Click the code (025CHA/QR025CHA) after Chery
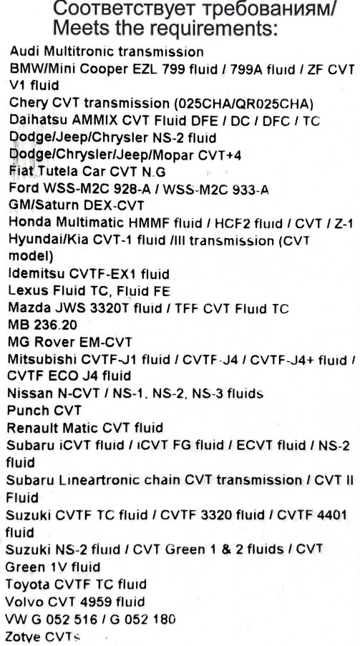click(244, 103)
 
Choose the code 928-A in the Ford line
click(139, 189)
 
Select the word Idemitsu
click(37, 273)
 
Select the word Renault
click(31, 428)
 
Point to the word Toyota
click(28, 584)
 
